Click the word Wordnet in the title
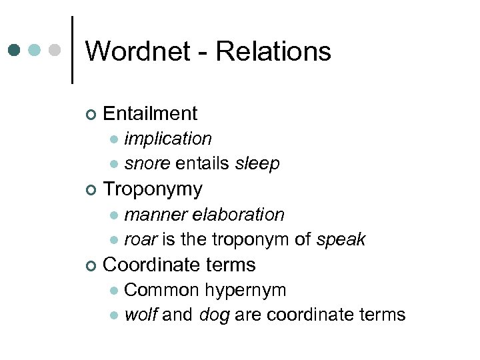137,51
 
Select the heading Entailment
151,113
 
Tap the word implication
168,139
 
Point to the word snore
147,163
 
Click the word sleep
257,163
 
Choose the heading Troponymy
153,189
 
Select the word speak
341,239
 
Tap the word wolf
140,315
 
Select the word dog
214,315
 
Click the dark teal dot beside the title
14,50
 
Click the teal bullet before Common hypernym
114,291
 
